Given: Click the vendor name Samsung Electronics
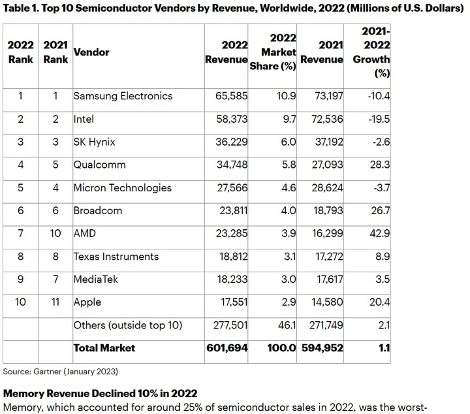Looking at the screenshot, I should click(123, 96).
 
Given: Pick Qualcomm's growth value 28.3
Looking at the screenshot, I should click(379, 165).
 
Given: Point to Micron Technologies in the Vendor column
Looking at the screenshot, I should click(122, 187).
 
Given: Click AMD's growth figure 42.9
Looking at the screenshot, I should click(379, 234).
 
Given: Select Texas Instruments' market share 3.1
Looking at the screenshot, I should click(289, 257).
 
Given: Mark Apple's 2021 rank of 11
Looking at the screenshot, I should click(55, 302).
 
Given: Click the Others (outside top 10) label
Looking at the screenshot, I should click(127, 325).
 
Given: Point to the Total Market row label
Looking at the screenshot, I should click(104, 348).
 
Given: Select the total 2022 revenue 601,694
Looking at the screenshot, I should click(227, 348).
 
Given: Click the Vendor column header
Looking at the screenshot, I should click(91, 52).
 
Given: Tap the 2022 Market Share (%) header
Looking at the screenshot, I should click(274, 52).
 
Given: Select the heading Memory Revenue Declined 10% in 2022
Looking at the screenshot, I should click(99, 394).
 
